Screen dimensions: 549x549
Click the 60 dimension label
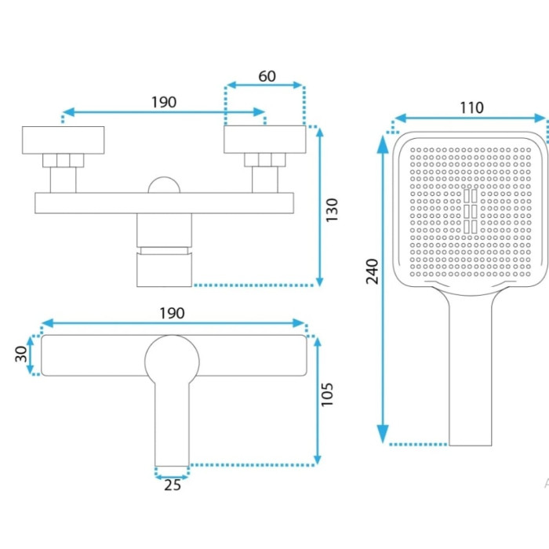click(267, 76)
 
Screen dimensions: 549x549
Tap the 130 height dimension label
click(332, 209)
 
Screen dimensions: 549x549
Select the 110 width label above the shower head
click(471, 108)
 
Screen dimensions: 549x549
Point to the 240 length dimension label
click(373, 271)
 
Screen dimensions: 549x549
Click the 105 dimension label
click(327, 394)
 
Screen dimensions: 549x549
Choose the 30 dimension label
click(21, 354)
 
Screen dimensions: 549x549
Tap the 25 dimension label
click(173, 485)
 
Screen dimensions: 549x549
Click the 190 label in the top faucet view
click(163, 102)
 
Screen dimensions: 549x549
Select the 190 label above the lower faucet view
click(172, 314)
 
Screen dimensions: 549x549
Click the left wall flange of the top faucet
click(63, 140)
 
